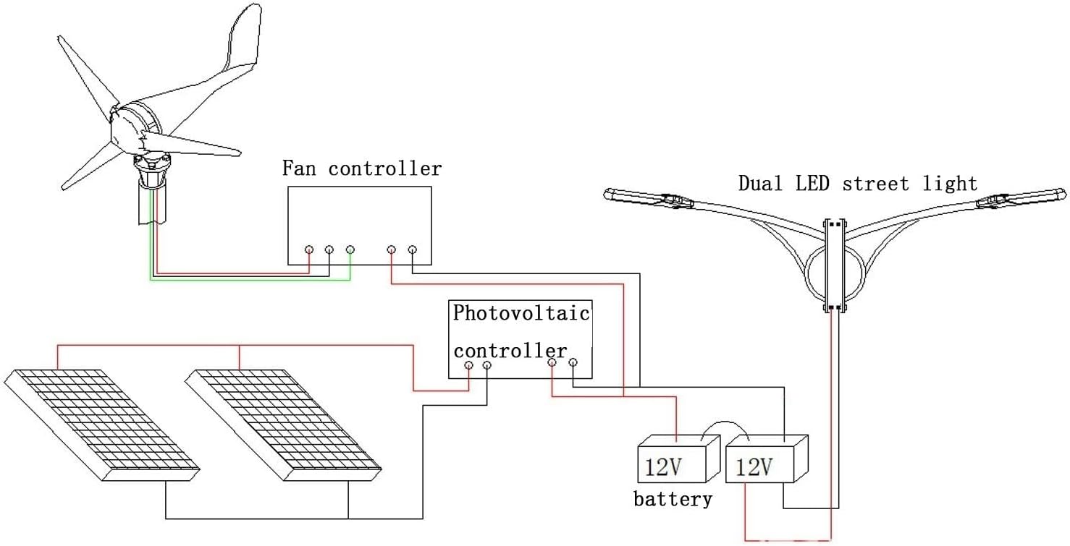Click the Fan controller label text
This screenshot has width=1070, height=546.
pos(361,169)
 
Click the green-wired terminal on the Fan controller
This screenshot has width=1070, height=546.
pos(350,249)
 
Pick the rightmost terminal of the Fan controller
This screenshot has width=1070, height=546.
pos(412,249)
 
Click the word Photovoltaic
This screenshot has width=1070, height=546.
pos(521,313)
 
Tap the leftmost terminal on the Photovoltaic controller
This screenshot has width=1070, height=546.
pos(468,366)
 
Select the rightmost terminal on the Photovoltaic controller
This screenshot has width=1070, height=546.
pos(573,362)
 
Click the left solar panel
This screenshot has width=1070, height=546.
pos(101,423)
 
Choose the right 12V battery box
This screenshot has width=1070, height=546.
pos(765,459)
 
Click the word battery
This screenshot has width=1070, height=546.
pos(673,499)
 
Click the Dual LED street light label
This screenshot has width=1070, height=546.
pos(857,184)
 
